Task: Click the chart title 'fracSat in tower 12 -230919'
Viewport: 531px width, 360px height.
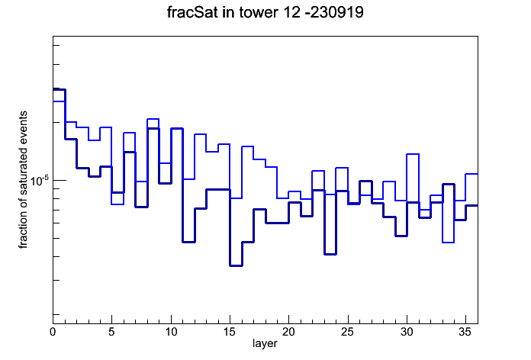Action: tap(265, 12)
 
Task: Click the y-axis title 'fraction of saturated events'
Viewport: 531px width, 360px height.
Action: tap(23, 180)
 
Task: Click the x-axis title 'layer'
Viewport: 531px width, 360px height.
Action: tap(265, 343)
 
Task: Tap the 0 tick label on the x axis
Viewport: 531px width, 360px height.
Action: tap(53, 332)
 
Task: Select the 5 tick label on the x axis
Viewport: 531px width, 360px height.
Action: tap(111, 332)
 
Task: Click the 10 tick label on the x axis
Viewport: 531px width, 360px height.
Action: tap(171, 332)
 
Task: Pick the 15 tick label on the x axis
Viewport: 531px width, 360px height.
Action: tap(230, 332)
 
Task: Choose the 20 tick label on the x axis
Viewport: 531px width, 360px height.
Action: tap(288, 332)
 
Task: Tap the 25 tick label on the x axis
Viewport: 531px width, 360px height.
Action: tap(347, 332)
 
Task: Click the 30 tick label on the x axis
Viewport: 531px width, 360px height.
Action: tap(407, 332)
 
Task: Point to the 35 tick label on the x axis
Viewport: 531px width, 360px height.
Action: tap(465, 332)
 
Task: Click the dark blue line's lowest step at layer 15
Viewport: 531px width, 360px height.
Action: tap(236, 265)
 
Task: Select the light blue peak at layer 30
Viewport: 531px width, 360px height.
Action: tap(413, 154)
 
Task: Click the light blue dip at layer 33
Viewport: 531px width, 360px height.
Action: tap(449, 243)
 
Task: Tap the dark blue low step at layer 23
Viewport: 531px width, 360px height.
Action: tap(330, 254)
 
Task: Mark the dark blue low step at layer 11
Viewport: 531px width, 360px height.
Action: tap(188, 242)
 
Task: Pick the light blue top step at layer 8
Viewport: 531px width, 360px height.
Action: tap(153, 119)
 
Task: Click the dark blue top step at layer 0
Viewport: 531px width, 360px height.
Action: tap(59, 89)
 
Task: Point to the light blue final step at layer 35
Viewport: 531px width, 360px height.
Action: tap(471, 174)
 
